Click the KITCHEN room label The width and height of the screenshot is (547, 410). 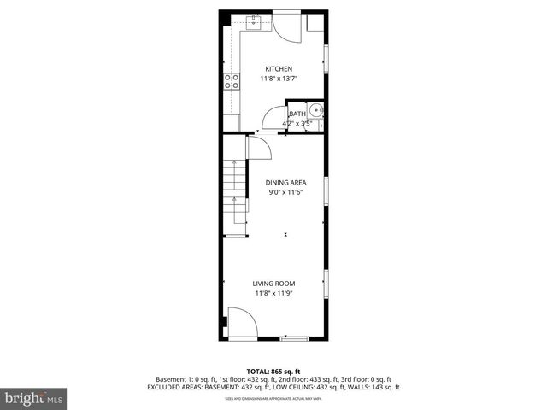(x=279, y=69)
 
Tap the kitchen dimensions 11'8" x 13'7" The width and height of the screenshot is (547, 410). (x=279, y=79)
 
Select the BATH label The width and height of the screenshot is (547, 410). (x=297, y=114)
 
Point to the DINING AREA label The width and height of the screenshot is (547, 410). (x=285, y=182)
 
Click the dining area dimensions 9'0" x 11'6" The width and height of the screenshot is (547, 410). (x=285, y=192)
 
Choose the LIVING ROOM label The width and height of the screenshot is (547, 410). (x=273, y=284)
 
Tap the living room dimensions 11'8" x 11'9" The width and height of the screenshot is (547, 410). (x=273, y=294)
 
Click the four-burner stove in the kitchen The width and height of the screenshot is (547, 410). (x=231, y=81)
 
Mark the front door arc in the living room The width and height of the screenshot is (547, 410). (x=243, y=324)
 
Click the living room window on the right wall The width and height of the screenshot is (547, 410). (x=326, y=282)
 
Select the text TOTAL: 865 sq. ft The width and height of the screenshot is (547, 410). (x=273, y=371)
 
